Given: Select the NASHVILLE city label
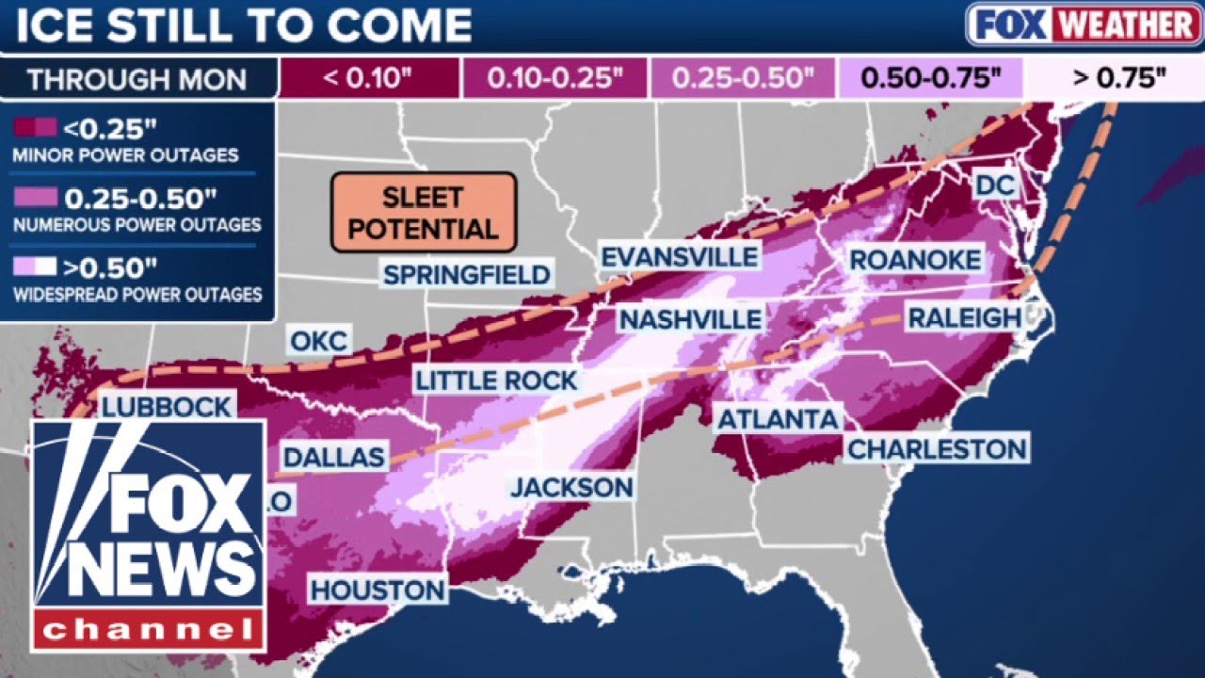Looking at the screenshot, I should pyautogui.click(x=690, y=318).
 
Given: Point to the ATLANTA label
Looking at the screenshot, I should pyautogui.click(x=778, y=419).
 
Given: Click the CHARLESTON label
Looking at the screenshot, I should pyautogui.click(x=937, y=448).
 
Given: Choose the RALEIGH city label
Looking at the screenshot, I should pyautogui.click(x=964, y=317).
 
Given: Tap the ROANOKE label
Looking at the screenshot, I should pyautogui.click(x=915, y=260).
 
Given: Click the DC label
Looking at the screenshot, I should pyautogui.click(x=995, y=185).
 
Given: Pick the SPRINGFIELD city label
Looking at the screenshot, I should pyautogui.click(x=467, y=275).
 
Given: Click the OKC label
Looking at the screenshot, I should pyautogui.click(x=318, y=341).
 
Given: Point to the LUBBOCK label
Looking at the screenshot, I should pyautogui.click(x=166, y=407).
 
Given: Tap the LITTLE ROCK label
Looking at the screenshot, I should pyautogui.click(x=496, y=380).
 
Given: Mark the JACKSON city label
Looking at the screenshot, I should pyautogui.click(x=571, y=487).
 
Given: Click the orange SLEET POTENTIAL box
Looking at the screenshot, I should pyautogui.click(x=424, y=212).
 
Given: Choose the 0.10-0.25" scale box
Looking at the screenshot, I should pyautogui.click(x=555, y=78).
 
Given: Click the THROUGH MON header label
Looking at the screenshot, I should pyautogui.click(x=138, y=79).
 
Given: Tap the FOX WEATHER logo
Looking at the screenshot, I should pyautogui.click(x=1083, y=24).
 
